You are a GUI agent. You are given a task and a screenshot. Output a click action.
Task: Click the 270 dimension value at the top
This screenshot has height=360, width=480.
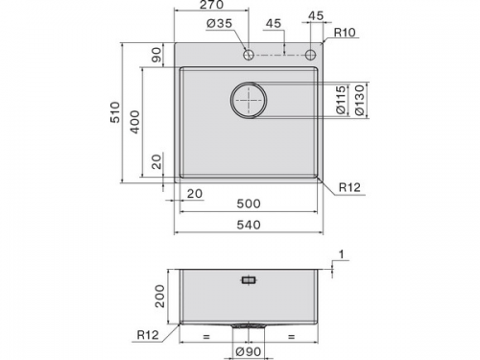coord(211,5)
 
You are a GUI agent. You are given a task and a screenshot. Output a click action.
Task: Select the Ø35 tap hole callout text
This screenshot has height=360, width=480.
coord(220,23)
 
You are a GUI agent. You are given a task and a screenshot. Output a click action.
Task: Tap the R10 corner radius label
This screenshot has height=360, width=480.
coord(345,33)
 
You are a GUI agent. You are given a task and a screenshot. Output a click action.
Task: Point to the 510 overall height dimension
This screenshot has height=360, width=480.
coord(115,112)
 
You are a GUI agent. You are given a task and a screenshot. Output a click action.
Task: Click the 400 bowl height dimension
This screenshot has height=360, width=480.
coord(135,122)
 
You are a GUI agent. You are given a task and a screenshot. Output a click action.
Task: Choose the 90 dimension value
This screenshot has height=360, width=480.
coord(156,55)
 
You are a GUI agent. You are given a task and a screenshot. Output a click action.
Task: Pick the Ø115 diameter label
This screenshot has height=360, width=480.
coord(342,100)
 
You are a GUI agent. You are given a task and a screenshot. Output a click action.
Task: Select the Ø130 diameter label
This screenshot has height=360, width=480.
coord(360,100)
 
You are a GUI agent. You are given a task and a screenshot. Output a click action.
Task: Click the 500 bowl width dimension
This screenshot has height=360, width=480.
coord(249,204)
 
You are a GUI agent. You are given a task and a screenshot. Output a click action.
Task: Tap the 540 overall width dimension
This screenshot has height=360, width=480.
coord(249,225)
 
